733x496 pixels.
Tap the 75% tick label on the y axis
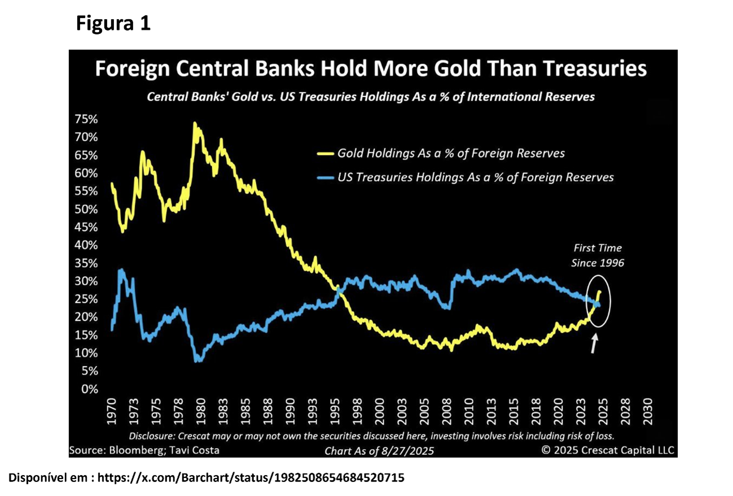click(86, 119)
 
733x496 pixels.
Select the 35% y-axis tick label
click(86, 263)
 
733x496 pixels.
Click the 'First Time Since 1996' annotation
click(598, 255)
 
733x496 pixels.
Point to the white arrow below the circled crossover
click(593, 343)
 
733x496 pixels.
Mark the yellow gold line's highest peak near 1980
click(195, 123)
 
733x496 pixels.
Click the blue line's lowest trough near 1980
click(196, 360)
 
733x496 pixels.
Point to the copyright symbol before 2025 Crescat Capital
click(546, 450)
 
